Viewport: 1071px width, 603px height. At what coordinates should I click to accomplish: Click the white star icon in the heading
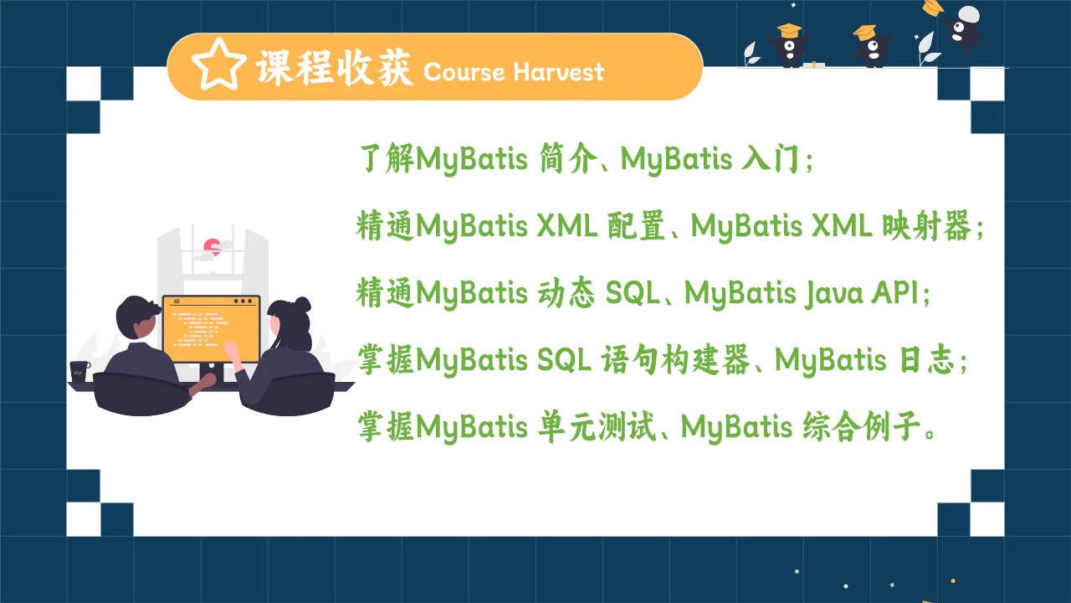(218, 67)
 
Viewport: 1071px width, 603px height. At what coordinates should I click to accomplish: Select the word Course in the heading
(464, 71)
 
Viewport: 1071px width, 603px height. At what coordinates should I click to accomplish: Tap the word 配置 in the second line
(632, 226)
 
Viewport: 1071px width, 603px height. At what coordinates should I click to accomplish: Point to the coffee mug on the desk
(79, 371)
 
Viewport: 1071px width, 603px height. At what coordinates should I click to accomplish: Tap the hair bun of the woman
(301, 305)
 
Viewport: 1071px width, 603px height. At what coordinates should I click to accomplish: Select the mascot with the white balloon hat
(966, 25)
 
